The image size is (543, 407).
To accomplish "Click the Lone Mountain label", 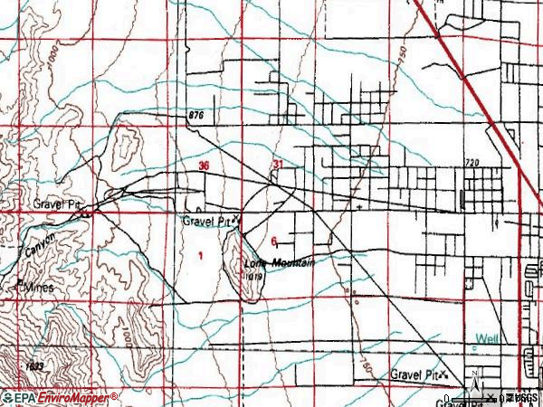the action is [280, 263].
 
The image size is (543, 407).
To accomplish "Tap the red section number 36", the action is [204, 166].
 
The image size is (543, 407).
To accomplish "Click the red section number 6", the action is [273, 241].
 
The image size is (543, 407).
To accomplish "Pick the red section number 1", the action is [200, 256].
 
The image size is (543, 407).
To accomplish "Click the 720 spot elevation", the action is [471, 163].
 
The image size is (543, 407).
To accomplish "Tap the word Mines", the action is [39, 287].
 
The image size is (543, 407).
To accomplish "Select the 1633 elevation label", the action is [35, 365].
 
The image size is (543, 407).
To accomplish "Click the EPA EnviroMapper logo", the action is [60, 397].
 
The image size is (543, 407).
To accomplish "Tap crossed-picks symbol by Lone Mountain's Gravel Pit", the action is [236, 219].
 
